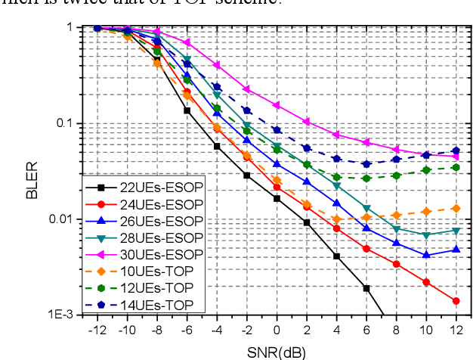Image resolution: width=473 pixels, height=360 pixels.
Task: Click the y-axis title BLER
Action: tap(32, 184)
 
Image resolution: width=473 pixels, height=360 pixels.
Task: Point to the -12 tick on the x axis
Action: tap(96, 332)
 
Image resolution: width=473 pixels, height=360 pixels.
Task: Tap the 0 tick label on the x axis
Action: tap(277, 332)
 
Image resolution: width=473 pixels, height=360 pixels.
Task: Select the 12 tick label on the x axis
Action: tap(455, 332)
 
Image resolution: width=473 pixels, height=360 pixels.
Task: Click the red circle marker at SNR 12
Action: tap(456, 301)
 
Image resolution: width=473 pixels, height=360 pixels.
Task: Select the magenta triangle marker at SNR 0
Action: tap(277, 105)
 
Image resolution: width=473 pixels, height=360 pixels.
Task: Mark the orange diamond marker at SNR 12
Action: tap(456, 208)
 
